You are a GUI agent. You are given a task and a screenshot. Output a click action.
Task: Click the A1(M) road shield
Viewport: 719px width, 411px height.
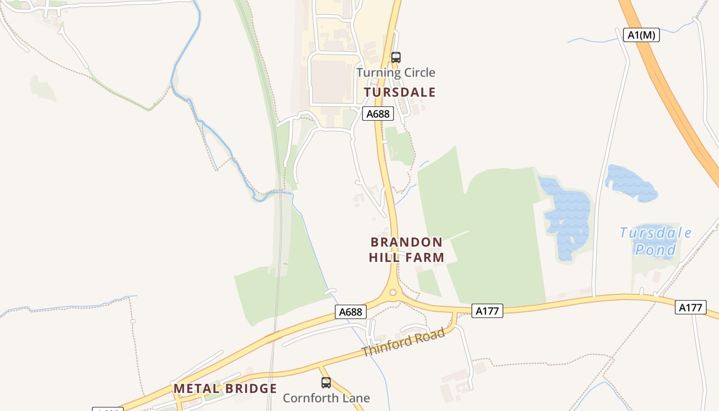coord(641,35)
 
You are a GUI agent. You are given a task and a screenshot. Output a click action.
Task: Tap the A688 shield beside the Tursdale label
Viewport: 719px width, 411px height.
coord(378,114)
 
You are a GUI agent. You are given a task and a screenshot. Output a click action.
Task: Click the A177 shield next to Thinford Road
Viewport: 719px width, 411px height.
coord(487,310)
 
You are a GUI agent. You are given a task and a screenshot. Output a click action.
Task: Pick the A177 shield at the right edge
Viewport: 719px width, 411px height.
coord(690,307)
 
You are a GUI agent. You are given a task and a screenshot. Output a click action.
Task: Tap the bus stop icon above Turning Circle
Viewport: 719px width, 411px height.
coord(395,58)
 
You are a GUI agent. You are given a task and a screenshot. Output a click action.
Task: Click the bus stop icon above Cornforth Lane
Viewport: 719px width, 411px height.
coord(326,383)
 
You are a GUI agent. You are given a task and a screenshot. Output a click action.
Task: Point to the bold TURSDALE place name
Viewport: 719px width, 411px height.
coord(400,92)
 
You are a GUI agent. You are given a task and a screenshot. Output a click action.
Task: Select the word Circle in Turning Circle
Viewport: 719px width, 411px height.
coord(417,72)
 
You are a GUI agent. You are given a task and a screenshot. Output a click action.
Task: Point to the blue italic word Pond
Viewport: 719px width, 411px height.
coord(655,250)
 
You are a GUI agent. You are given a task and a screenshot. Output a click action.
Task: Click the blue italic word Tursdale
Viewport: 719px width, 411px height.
coord(655,233)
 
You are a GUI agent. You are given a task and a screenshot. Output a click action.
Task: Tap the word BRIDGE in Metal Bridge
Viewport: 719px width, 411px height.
coord(252,389)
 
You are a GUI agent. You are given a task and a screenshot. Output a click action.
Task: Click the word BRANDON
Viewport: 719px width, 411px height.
coord(406,242)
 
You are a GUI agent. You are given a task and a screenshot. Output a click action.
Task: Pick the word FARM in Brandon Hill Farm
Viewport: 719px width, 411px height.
coord(425,257)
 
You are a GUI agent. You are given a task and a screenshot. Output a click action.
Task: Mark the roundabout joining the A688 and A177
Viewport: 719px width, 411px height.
coord(393,292)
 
